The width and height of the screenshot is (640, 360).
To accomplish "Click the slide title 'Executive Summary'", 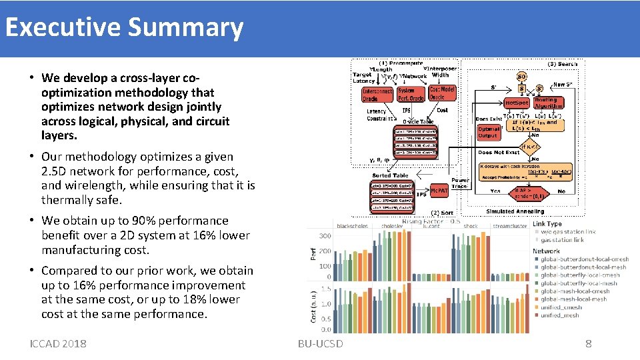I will coord(124,27).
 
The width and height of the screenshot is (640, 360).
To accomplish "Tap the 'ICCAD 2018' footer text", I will coord(58,343).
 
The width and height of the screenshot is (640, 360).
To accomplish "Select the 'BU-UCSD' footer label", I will coord(321,343).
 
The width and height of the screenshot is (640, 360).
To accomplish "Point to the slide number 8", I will coord(588,343).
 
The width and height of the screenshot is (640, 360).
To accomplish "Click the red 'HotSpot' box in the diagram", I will coord(517,103).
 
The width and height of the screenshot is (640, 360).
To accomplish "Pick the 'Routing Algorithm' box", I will coord(549,103).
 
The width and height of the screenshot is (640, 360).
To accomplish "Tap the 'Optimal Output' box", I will coord(489,132).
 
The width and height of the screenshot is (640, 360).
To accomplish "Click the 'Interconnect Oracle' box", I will coord(377,95).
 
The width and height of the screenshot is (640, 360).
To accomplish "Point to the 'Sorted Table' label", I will coord(391,175).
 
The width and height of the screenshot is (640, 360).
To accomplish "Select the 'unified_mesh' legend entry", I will coord(560,315).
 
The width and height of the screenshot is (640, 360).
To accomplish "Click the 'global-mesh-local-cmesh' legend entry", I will coord(575,291).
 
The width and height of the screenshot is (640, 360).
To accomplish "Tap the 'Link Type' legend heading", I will coord(547,224).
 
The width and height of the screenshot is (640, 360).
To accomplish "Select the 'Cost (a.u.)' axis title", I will coord(314,306).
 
